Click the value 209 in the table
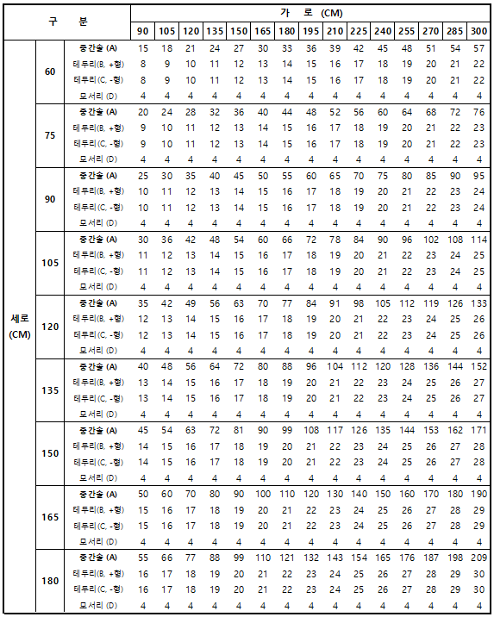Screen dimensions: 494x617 478,558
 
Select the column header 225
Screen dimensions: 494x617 358,31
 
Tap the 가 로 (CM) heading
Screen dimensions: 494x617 310,14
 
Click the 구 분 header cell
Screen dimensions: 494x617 67,22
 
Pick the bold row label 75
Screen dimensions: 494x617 49,135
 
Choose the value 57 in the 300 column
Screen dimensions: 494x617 478,49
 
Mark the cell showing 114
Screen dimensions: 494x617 478,240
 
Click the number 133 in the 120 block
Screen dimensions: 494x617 478,303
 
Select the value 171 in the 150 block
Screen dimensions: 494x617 478,431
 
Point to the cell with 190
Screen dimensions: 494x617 478,495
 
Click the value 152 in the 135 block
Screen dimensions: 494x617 478,367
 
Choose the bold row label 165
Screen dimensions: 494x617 49,517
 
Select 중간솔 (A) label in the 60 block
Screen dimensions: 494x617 97,49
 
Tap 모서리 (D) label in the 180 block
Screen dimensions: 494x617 97,606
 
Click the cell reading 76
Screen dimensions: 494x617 478,113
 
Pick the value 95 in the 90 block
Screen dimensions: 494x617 478,177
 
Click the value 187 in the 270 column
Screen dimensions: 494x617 431,558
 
